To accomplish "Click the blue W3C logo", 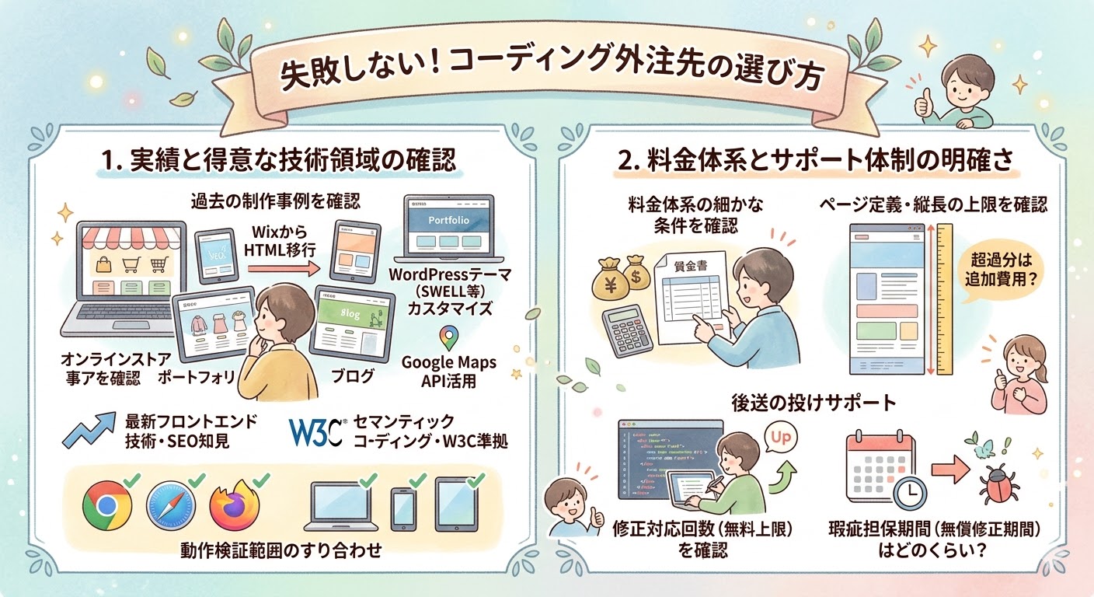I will click(x=315, y=432).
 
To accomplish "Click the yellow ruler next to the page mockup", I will click(x=945, y=299).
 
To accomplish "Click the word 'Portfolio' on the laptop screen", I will click(x=449, y=220).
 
